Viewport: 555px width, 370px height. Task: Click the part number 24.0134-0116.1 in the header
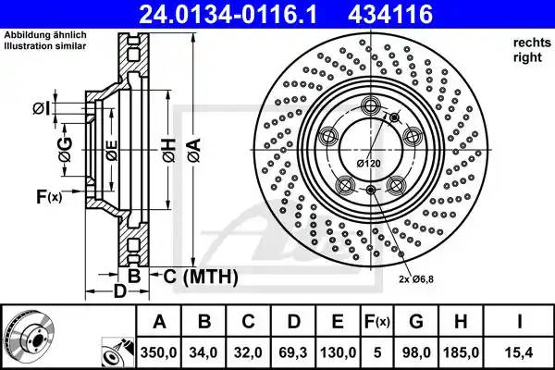228,14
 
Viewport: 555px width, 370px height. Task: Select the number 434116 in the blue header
390,14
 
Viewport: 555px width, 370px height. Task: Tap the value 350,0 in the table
158,352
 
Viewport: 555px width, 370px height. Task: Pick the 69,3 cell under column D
293,352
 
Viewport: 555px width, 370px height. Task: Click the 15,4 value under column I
519,352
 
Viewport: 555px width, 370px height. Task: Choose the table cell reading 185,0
461,352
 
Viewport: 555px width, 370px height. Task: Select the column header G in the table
416,321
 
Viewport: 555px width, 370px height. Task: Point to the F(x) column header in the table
377,322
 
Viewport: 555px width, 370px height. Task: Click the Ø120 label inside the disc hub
369,163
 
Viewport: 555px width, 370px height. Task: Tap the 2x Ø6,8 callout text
416,279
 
